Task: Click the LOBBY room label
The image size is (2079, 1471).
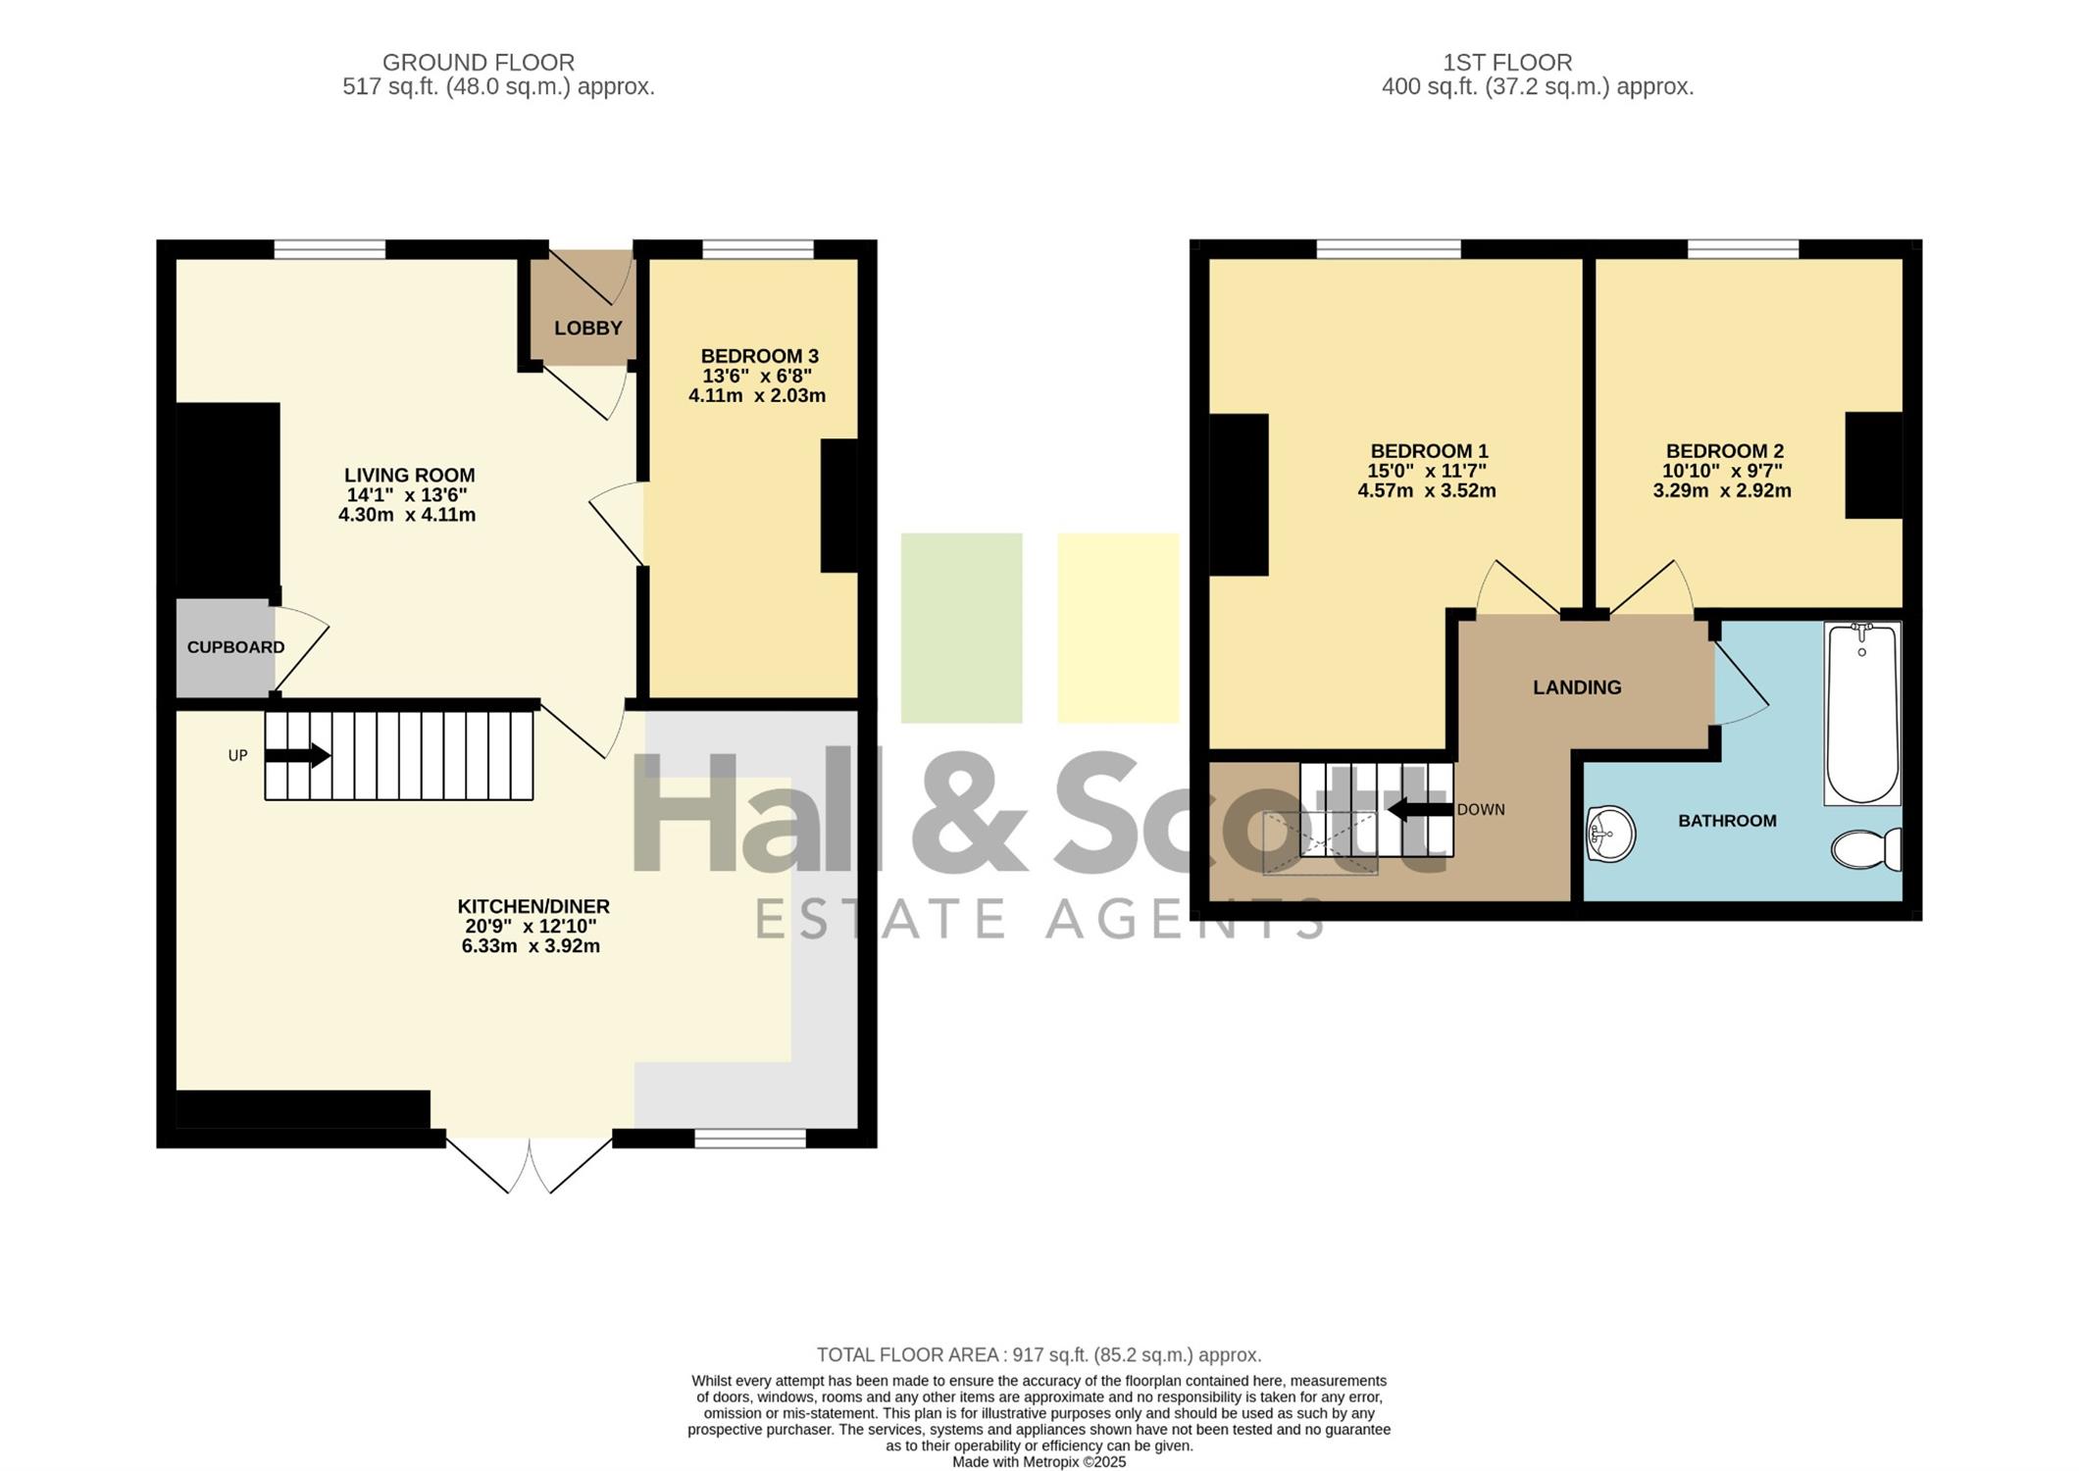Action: (588, 329)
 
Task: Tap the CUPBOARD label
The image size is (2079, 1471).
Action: (235, 647)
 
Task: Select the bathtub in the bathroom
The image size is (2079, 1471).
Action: (1862, 713)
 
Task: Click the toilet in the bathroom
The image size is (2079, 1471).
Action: (1866, 849)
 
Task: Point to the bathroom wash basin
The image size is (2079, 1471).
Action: (1610, 835)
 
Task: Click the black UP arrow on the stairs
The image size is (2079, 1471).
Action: (297, 755)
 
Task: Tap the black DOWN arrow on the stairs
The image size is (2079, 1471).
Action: (1420, 809)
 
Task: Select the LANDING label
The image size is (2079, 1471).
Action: (1577, 687)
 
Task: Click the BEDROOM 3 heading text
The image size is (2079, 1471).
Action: (759, 356)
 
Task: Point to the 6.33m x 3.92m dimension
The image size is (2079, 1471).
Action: (531, 946)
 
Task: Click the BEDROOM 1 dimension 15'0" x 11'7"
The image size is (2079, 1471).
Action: (1427, 471)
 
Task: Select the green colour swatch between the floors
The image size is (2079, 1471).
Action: (961, 628)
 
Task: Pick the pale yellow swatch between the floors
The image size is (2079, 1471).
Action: (1118, 628)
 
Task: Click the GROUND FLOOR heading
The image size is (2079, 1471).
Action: (479, 63)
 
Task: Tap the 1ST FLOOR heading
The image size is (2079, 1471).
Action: (1507, 63)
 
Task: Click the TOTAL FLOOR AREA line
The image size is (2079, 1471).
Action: (1039, 1355)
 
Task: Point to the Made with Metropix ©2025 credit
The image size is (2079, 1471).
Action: (1039, 1461)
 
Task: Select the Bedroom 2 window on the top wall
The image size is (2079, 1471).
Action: (1743, 249)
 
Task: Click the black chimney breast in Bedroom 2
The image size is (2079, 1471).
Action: (1874, 465)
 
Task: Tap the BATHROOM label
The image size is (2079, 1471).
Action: (1727, 821)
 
